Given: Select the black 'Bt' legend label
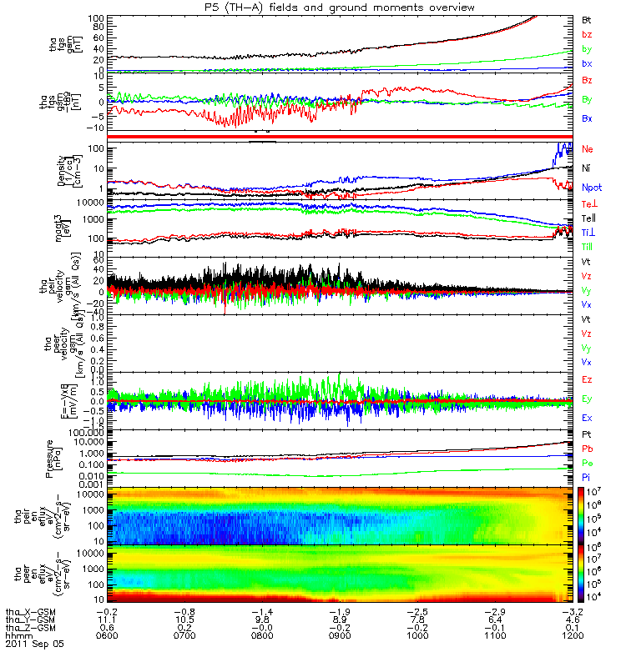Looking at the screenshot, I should (x=587, y=18).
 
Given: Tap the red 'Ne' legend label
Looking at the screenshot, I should (x=588, y=149).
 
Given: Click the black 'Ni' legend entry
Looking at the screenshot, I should (x=587, y=168).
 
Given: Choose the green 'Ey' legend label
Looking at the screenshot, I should (x=587, y=399).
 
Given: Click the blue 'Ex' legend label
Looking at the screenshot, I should (x=587, y=417).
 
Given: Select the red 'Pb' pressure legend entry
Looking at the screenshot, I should (x=587, y=449).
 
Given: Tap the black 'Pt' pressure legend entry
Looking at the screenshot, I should (x=587, y=435).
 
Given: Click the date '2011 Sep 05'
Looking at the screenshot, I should (x=34, y=644).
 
